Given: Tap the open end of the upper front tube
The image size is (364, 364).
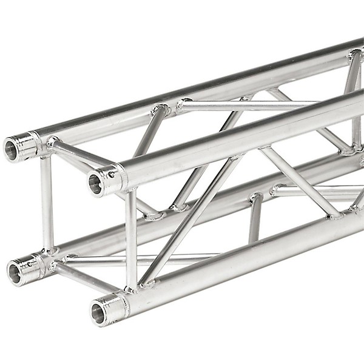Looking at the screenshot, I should (95, 184).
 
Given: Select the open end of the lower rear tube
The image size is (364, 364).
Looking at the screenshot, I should (15, 273).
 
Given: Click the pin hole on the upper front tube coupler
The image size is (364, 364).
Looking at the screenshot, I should (112, 175).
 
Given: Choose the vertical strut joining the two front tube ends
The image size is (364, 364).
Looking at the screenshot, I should (131, 240).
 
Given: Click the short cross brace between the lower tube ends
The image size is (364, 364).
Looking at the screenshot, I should (85, 276).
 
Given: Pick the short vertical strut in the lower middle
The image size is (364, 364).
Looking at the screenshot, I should (255, 218).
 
